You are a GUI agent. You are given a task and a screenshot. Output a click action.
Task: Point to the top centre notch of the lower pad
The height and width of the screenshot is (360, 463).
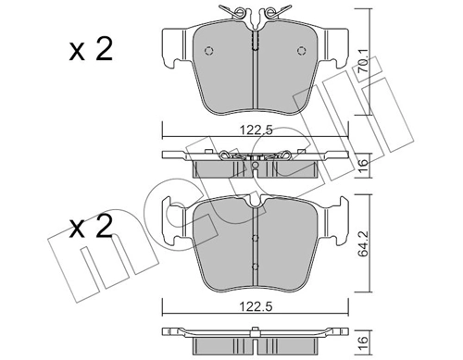click(255, 202)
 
